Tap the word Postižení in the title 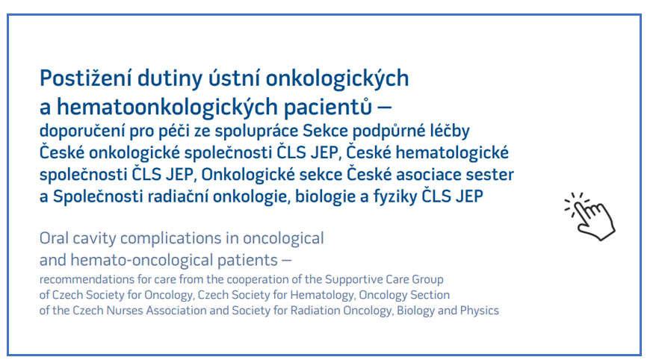[x=85, y=78]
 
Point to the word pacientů [x=328, y=107]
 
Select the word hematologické [x=452, y=153]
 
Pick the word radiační [x=179, y=196]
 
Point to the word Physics [x=480, y=311]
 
